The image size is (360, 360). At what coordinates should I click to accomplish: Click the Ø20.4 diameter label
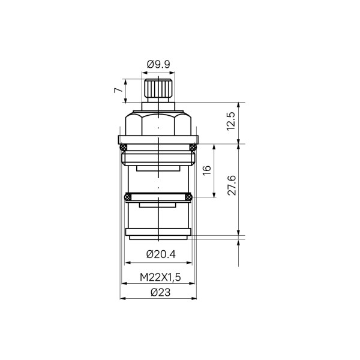[159, 254]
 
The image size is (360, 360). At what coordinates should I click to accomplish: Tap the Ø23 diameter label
[158, 292]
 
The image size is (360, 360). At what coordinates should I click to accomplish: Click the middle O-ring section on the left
[127, 196]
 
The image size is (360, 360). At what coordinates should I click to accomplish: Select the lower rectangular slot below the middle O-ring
[158, 205]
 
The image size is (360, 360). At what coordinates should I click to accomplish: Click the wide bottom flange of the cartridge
[158, 232]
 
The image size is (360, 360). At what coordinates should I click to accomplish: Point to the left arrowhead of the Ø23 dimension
[122, 298]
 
